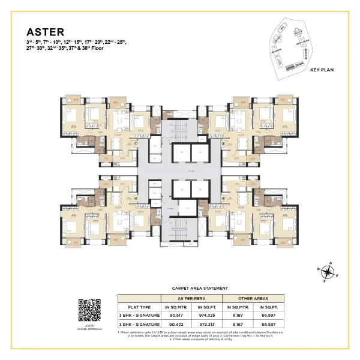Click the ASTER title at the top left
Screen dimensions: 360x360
[x=44, y=31]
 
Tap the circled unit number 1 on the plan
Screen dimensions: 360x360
[x=136, y=144]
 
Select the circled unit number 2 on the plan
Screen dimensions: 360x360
[x=223, y=144]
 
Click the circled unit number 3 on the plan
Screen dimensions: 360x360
[x=223, y=197]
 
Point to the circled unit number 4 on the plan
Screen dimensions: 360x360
[x=136, y=197]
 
